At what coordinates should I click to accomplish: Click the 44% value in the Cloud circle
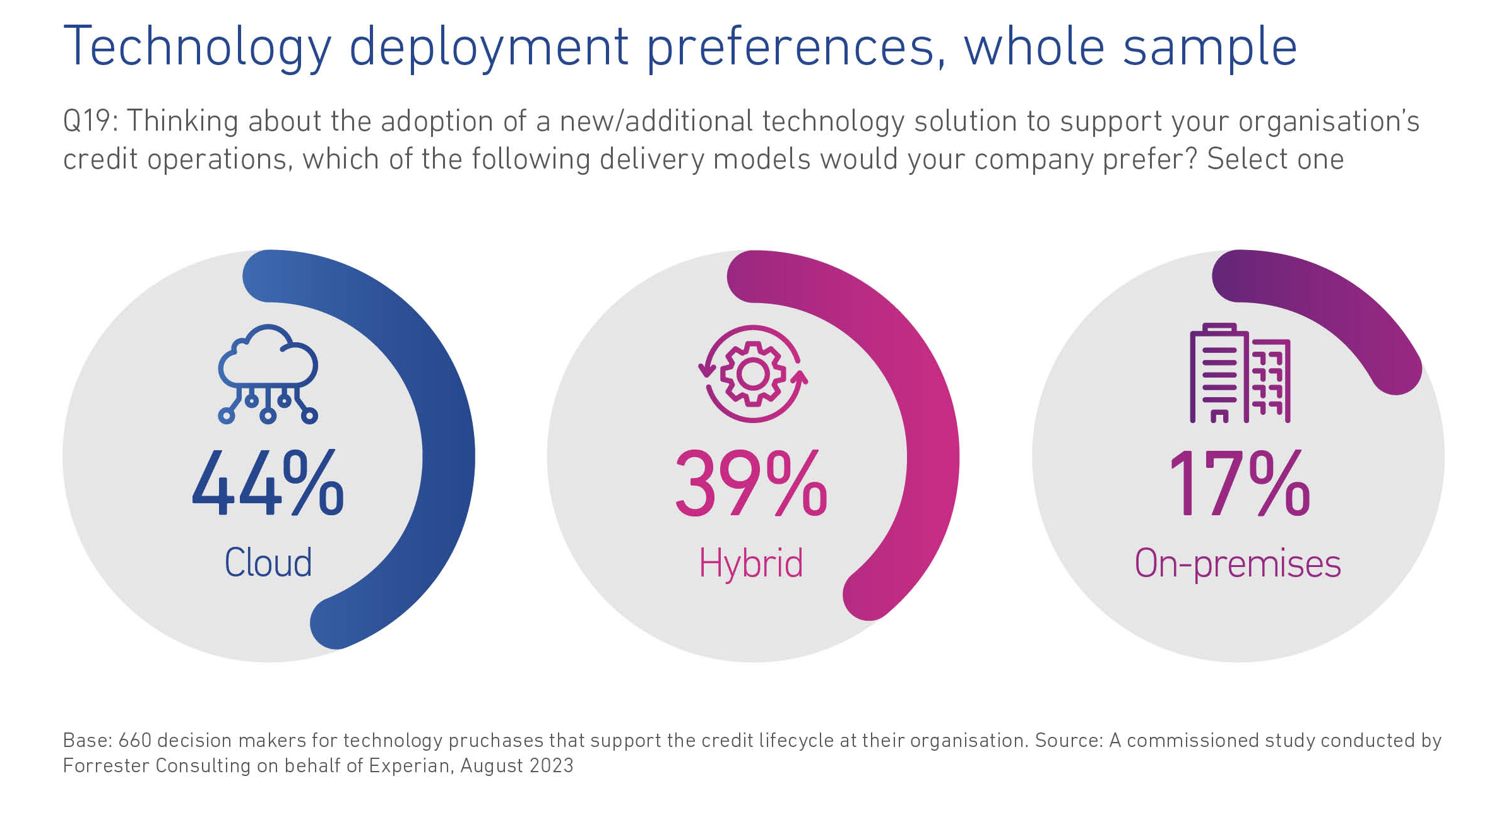(x=268, y=484)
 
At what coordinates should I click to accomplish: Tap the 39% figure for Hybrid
(x=751, y=484)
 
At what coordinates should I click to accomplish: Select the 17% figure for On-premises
(x=1240, y=484)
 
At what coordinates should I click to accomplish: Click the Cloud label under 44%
(x=268, y=563)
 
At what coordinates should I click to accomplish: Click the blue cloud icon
(x=268, y=373)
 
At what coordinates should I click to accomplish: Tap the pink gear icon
(x=752, y=374)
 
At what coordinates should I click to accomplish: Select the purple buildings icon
(x=1240, y=373)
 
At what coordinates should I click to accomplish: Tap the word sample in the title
(x=1210, y=47)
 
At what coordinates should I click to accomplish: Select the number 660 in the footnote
(x=134, y=740)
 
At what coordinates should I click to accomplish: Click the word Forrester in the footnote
(x=106, y=765)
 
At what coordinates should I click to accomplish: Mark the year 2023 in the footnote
(x=551, y=765)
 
